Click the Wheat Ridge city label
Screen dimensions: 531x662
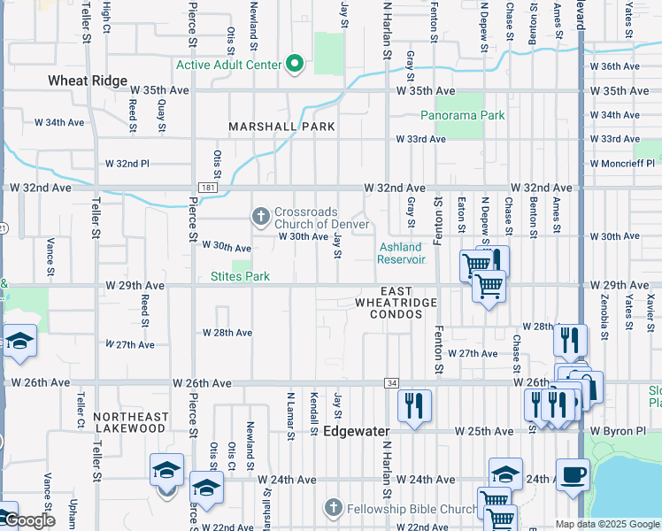[88, 81]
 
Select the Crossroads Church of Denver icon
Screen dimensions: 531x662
[261, 215]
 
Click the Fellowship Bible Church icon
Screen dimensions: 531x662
[333, 508]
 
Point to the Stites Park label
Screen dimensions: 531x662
[239, 276]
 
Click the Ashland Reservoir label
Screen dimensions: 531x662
[402, 253]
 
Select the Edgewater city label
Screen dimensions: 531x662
[357, 432]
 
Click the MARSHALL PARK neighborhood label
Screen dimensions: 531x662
[281, 127]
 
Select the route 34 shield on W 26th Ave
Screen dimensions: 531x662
[390, 382]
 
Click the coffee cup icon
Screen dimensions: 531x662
[573, 473]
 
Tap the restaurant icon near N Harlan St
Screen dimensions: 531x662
[413, 404]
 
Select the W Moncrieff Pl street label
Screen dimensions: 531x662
[623, 164]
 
